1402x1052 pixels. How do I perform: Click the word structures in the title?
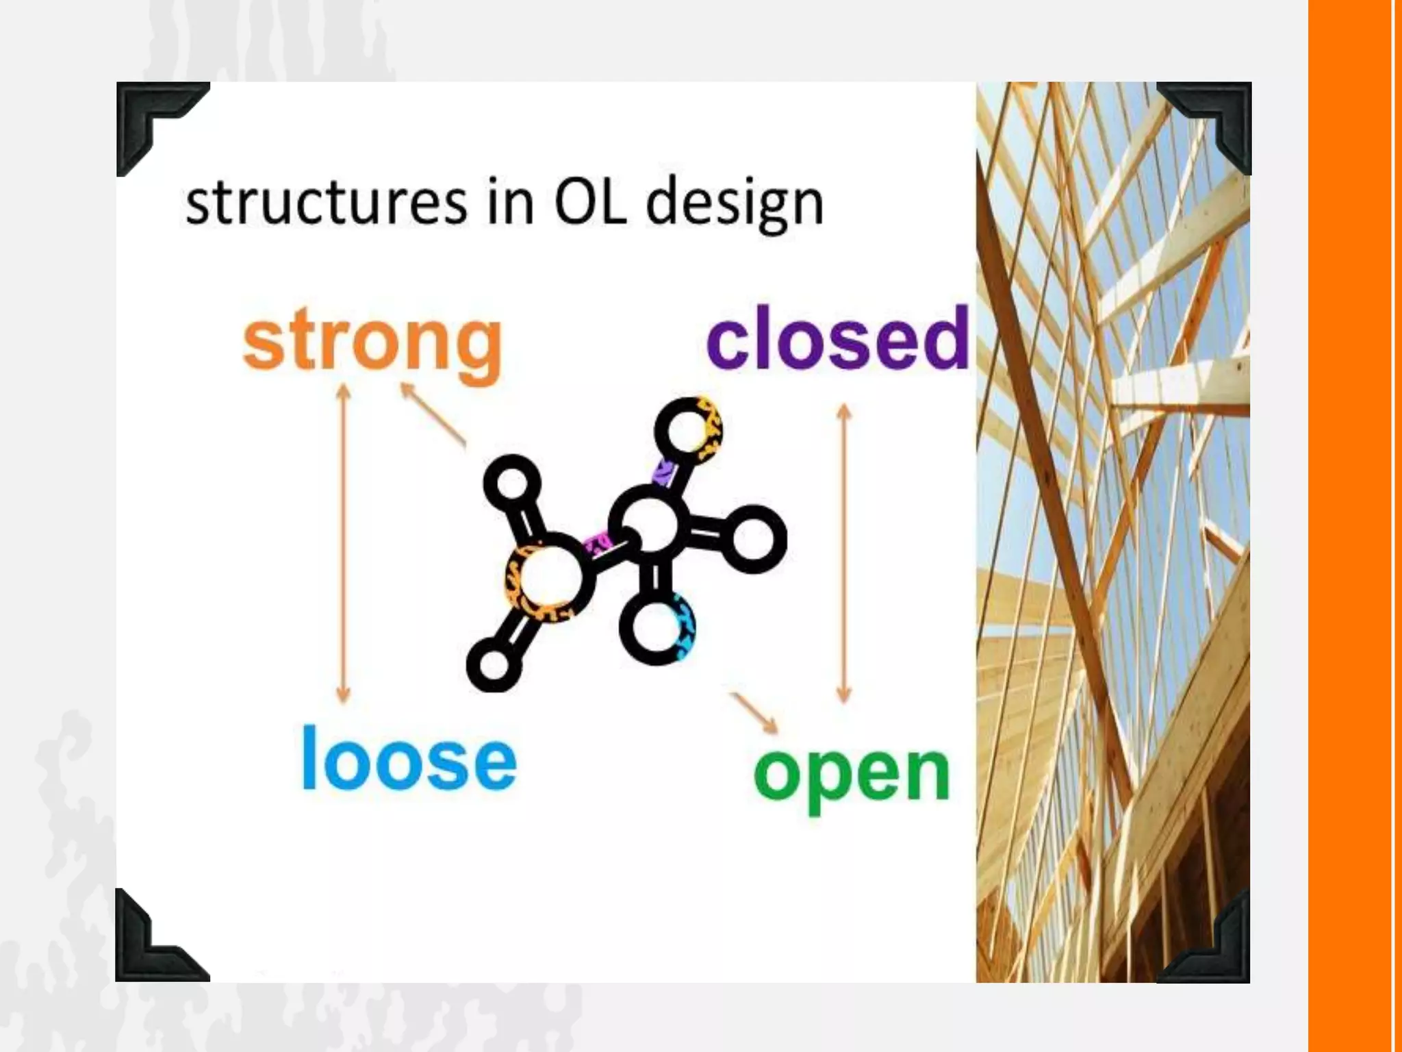coord(326,203)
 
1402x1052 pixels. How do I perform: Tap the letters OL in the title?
coord(590,203)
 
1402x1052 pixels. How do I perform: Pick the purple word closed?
coord(838,338)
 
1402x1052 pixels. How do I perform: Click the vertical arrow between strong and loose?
coord(344,544)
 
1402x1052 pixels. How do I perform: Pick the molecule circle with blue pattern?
coord(657,627)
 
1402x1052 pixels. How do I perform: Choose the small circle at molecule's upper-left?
coord(512,484)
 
